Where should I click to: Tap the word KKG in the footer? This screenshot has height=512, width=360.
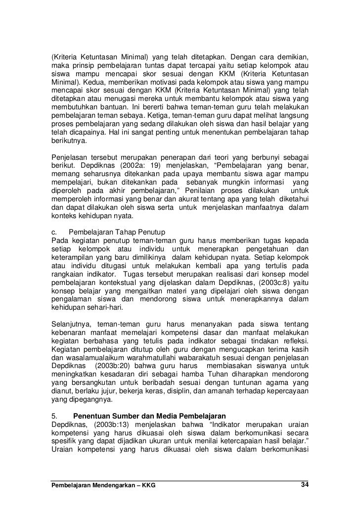click(x=146, y=485)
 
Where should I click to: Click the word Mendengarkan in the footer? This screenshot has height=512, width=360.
click(x=109, y=485)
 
